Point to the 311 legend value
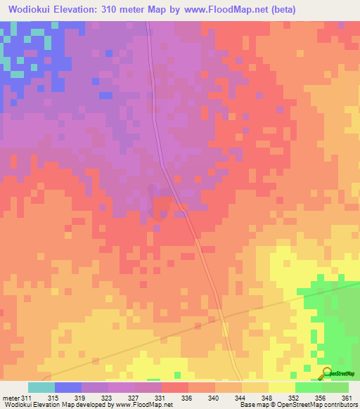27,398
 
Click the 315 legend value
53,398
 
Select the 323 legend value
107,398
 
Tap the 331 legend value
160,398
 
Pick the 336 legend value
187,398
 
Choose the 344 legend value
240,398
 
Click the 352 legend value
294,398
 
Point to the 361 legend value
345,398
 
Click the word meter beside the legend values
11,398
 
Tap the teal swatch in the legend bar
41,387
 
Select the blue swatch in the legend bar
67,387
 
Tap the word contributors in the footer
340,405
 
